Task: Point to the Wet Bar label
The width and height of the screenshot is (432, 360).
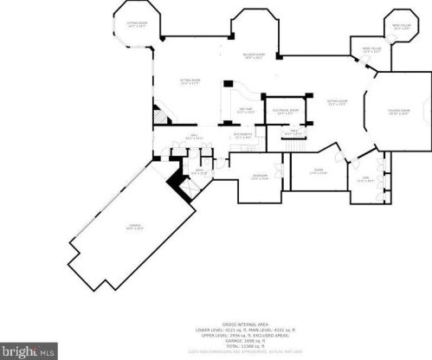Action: click(x=245, y=111)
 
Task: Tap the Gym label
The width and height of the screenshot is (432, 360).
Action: click(x=364, y=180)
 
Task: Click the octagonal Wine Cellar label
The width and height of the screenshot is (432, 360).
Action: click(x=401, y=27)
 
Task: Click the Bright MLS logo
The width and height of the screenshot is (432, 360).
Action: click(x=29, y=351)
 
